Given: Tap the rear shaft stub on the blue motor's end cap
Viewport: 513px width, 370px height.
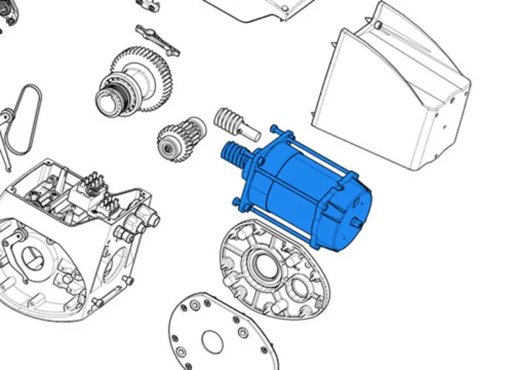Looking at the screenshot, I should (357, 221).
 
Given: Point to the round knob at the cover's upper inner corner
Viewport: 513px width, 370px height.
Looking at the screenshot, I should (378, 25).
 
